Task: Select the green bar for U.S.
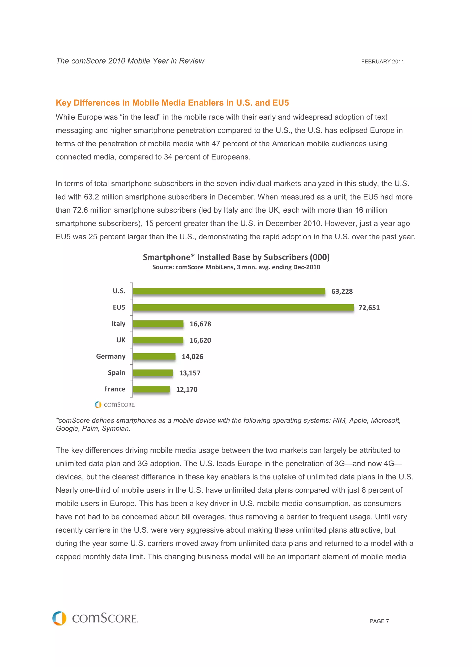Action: (229, 291)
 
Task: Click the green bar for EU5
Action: (243, 307)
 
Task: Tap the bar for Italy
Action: (158, 324)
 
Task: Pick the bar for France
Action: (151, 389)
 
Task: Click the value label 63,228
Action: (342, 291)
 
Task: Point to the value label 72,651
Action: (369, 308)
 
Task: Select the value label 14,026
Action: (192, 357)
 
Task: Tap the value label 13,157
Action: (190, 373)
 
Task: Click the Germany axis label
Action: (111, 357)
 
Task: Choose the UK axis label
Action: (121, 340)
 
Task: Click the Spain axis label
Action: (116, 373)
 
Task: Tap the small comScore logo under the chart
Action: (115, 405)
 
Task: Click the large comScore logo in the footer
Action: (95, 618)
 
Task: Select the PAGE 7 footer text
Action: (379, 621)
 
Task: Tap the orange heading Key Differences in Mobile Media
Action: (172, 103)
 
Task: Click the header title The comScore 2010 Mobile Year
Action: (130, 61)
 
